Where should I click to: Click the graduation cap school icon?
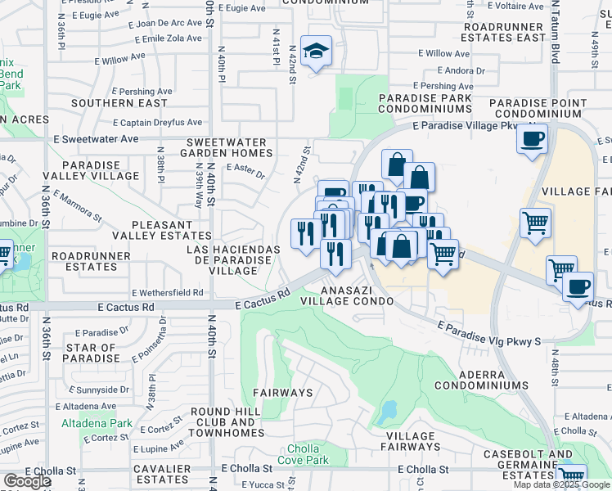click(316, 51)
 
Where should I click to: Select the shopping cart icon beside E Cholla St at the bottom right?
click(571, 477)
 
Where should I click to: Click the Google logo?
click(27, 481)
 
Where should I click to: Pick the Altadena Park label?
click(97, 424)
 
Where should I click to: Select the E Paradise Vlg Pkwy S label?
click(489, 334)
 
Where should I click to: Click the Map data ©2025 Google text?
click(560, 484)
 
